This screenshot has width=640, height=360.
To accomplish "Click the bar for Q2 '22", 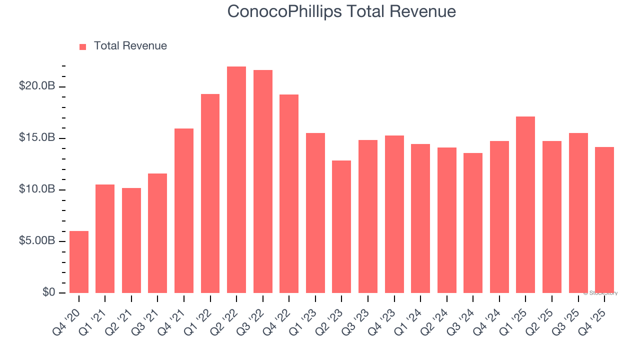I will [236, 179].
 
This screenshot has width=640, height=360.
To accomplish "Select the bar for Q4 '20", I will [79, 262].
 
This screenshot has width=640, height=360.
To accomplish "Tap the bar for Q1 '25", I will [525, 204].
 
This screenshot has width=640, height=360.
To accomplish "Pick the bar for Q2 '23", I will [341, 226].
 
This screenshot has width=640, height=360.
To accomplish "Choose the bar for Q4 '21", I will [184, 210].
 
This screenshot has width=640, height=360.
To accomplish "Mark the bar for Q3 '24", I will [473, 223].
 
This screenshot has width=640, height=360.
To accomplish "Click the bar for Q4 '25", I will [604, 220].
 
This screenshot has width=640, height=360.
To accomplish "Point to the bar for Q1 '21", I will [105, 238].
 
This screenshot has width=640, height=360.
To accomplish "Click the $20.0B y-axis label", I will [37, 86].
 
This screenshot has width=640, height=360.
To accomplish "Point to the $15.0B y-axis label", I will [37, 137].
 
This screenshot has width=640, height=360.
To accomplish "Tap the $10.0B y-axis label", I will [37, 189].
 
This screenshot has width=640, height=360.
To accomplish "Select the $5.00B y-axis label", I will [37, 240].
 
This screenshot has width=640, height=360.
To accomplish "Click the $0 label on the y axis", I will [48, 292].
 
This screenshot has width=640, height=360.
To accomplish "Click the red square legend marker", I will [83, 46].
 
